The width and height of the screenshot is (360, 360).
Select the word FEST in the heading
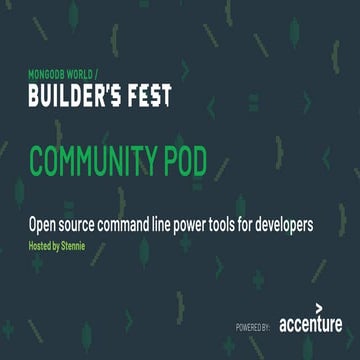146,96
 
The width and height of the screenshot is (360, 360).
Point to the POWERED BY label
254,326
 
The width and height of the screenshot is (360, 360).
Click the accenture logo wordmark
310,324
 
